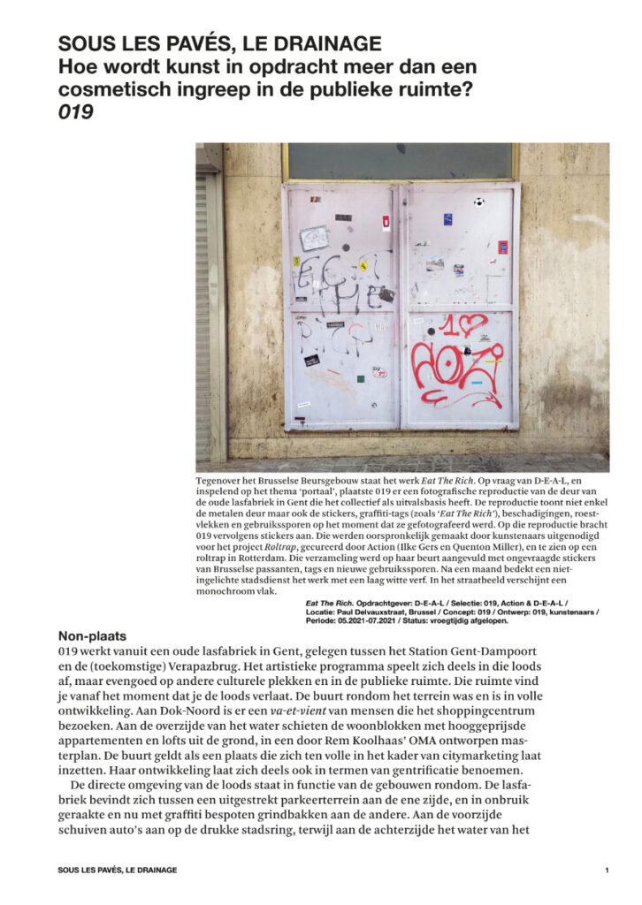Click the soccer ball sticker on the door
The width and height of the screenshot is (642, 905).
(x=478, y=202)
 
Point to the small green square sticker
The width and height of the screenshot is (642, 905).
(x=360, y=379)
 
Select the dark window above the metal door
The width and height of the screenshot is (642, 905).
(x=401, y=162)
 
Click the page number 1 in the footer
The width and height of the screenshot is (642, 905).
(x=607, y=871)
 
